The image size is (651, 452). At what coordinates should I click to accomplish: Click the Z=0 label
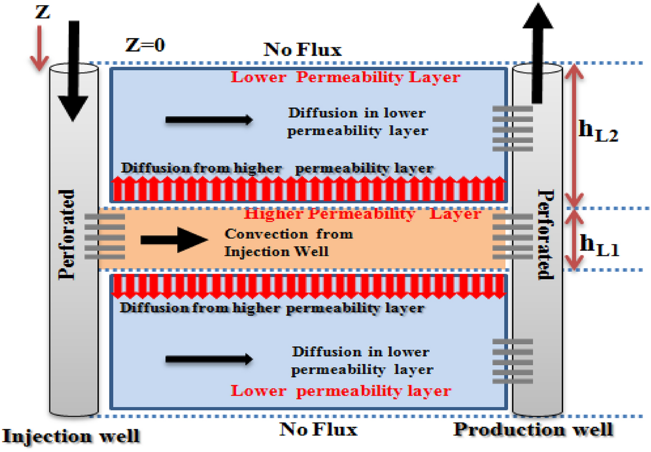145,45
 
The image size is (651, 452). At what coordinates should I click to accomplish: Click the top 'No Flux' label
303,50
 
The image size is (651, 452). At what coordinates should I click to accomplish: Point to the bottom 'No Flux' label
318,430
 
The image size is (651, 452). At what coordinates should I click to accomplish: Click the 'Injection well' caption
71,436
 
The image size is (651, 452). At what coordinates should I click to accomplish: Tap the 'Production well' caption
533,430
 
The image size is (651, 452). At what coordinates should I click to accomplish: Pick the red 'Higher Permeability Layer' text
362,213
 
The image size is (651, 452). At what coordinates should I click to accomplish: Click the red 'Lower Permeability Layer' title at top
345,77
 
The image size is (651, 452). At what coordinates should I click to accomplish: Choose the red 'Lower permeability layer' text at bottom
341,390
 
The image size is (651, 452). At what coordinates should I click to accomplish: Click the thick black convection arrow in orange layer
174,240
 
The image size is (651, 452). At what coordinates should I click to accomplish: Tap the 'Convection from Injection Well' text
288,243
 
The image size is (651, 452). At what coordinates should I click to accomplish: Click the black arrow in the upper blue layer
209,120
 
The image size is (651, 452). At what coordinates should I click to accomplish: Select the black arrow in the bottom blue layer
209,359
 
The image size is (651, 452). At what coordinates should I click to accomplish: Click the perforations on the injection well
105,236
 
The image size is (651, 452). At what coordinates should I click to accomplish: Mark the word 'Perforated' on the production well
546,234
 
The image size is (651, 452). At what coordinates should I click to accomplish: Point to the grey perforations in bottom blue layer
513,361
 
